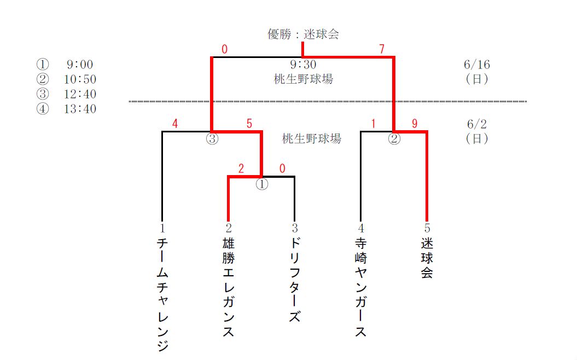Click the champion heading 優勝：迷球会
pos(303,34)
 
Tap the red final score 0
pos(224,50)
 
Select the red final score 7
pos(382,50)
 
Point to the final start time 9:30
pos(303,65)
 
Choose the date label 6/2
pos(476,124)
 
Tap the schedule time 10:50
pos(80,80)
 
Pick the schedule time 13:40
pos(80,109)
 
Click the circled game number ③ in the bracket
pos(212,139)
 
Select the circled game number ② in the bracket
pos(394,139)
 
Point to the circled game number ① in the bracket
pos(262,184)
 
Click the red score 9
pos(415,124)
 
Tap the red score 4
pos(175,124)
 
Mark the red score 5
pos(249,124)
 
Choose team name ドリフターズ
pos(295,280)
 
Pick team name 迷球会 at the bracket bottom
pos(427,258)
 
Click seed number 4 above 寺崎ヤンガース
pos(360,228)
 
